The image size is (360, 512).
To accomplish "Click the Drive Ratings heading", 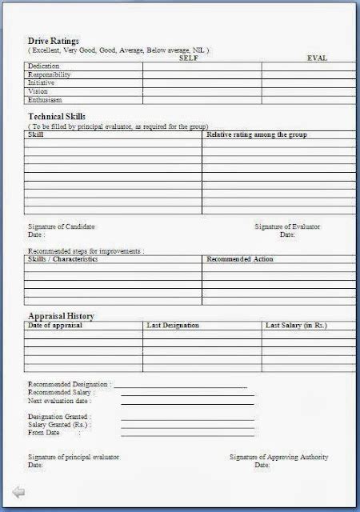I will pos(54,40).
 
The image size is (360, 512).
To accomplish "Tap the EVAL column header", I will pos(317,58).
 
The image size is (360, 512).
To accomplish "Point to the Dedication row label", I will pos(44,66).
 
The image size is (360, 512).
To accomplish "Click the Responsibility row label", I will pos(50,74).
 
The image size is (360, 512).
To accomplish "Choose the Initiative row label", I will pos(42,82).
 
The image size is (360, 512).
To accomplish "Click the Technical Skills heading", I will pos(58,117).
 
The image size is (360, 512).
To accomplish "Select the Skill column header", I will pos(36,134).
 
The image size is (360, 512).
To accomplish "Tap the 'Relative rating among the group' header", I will pos(256,134).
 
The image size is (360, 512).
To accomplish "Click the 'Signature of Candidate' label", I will pos(62,227).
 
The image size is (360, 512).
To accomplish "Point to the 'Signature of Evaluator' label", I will pos(287,227).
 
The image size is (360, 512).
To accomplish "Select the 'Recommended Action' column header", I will pos(240,259).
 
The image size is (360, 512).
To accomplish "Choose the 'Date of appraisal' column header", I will pos(56,326).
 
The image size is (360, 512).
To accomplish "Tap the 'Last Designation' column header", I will pos(173,326).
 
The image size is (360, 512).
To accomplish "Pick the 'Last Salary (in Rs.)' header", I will pos(296,326).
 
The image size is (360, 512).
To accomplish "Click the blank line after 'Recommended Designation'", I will pos(180,386).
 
